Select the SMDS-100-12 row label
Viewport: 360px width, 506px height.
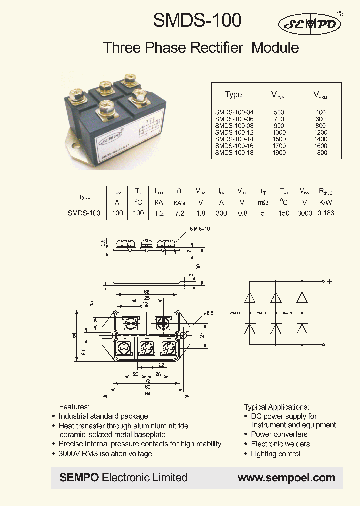tap(234, 132)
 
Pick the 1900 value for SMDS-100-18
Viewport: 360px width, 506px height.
tap(279, 153)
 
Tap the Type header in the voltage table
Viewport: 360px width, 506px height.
tap(233, 94)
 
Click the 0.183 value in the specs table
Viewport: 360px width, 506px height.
tap(326, 213)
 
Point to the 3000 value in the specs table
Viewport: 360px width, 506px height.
tap(305, 213)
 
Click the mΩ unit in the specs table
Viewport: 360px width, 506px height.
tap(263, 202)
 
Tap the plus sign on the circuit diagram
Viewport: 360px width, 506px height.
tap(329, 281)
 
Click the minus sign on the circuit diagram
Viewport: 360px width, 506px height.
tap(329, 345)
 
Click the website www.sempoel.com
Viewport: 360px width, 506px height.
tap(286, 478)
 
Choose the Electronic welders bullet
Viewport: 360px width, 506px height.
tap(280, 444)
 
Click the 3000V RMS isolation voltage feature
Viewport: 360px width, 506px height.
tap(105, 453)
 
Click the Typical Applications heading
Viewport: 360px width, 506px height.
tap(276, 407)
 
